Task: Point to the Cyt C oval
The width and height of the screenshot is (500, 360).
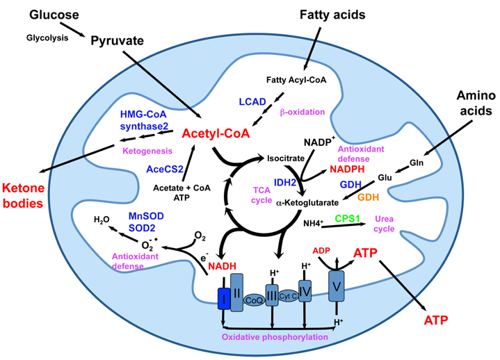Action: point(289,297)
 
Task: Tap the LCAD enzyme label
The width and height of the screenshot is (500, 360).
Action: point(252,102)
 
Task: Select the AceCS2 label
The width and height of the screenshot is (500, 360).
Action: point(166,168)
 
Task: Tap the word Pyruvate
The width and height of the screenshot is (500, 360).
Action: point(117,41)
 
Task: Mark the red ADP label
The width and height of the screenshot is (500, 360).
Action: point(321,249)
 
